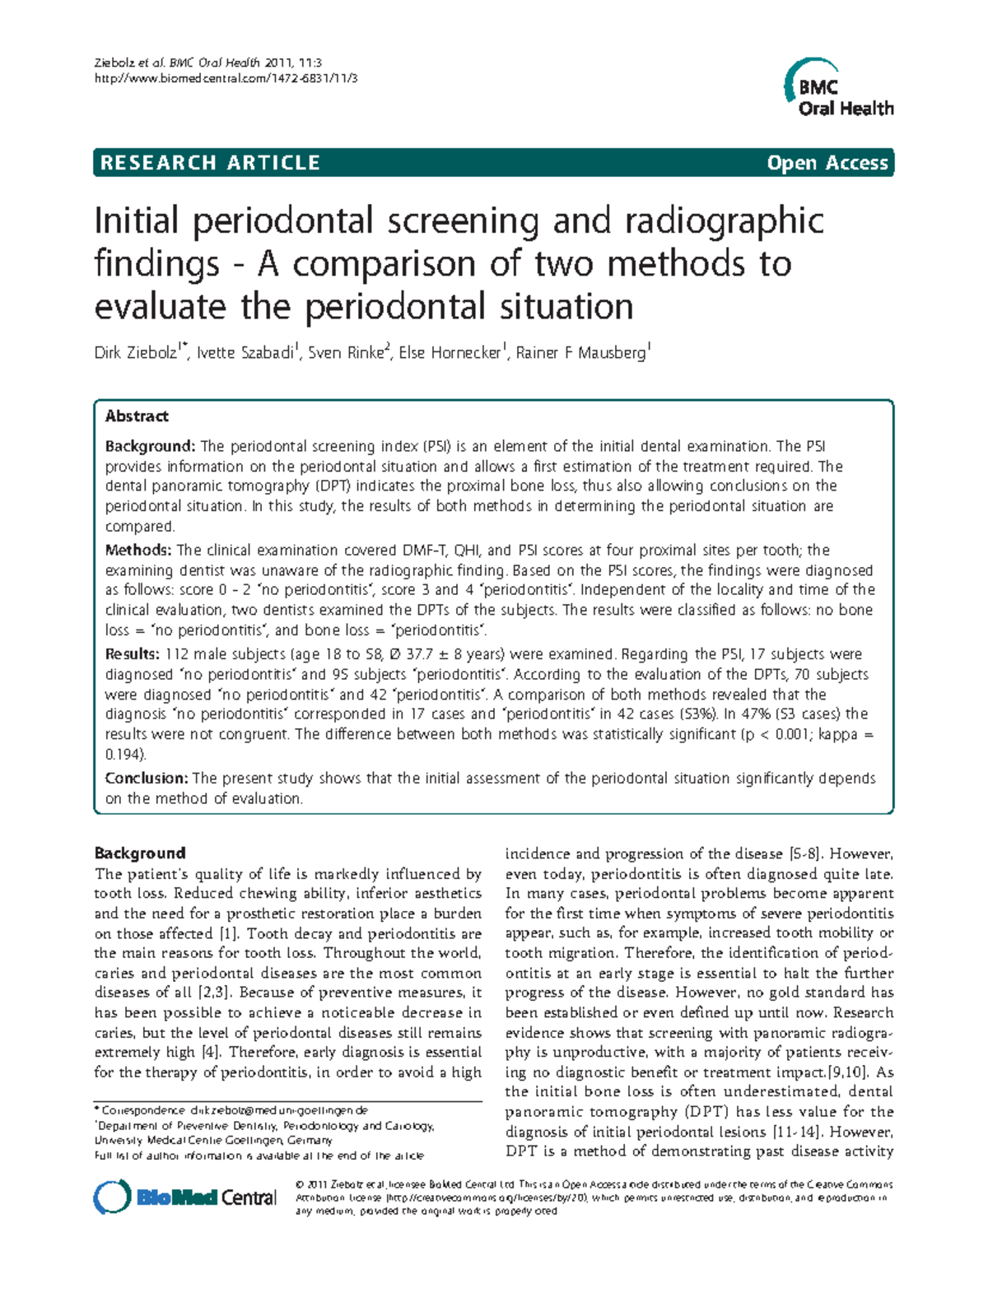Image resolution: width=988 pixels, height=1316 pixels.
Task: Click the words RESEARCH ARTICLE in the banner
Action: tap(210, 163)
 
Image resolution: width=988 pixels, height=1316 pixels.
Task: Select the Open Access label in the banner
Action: tap(827, 163)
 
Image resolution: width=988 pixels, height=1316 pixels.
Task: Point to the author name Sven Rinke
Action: tap(346, 353)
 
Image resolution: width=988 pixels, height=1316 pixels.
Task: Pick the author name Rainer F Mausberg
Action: tap(580, 353)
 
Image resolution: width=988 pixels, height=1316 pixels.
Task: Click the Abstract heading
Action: tap(137, 416)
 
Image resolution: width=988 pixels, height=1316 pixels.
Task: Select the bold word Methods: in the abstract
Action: tap(138, 550)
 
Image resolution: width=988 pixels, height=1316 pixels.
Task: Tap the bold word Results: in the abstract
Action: tap(133, 654)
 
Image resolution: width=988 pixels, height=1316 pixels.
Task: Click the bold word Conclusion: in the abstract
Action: tap(147, 778)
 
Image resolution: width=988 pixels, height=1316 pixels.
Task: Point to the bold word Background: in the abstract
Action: tap(150, 446)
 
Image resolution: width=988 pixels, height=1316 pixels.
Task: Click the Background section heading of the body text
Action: tap(140, 853)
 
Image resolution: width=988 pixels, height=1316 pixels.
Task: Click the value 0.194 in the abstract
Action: tap(123, 754)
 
